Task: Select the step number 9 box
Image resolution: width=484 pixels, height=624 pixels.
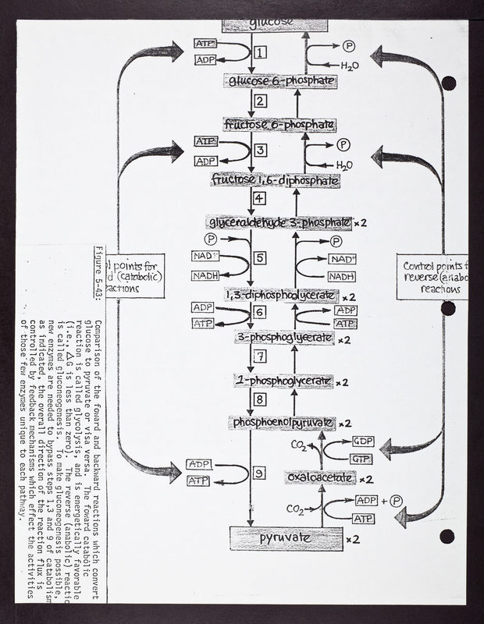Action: pos(260,473)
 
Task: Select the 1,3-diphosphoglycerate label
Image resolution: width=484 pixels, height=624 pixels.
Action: pos(280,296)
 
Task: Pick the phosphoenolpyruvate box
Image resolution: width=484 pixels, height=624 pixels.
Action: pos(282,423)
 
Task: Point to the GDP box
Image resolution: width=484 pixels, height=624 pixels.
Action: pos(363,441)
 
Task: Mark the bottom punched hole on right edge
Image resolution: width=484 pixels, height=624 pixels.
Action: pos(447,537)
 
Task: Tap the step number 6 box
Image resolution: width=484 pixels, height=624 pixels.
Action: pos(260,312)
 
